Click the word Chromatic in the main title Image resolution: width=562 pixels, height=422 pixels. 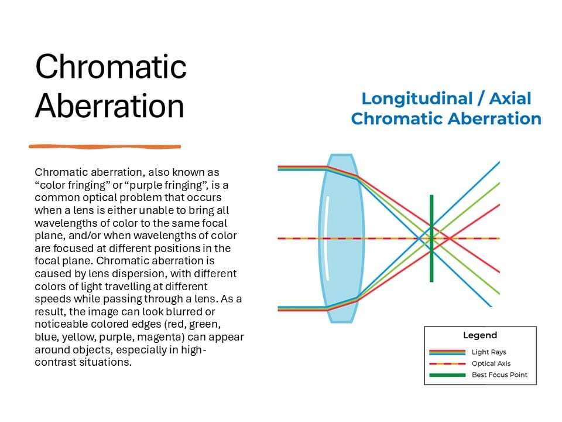[111, 66]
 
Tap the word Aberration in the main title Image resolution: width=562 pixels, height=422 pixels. [109, 105]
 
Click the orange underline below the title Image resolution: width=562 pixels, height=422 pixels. [105, 147]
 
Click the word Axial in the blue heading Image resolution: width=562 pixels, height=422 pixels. [510, 98]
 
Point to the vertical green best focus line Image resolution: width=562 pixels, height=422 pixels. [431, 239]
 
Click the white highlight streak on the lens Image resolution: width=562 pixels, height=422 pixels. [327, 238]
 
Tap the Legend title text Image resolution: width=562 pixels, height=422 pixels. [480, 335]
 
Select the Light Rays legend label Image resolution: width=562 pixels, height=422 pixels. [489, 352]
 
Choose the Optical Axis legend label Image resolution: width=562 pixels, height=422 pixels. [491, 363]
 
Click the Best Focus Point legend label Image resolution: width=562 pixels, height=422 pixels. [499, 375]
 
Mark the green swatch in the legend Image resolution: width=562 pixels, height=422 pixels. [447, 375]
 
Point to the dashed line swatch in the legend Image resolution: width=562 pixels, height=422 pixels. [447, 364]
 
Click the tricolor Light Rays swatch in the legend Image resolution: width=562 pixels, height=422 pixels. [447, 352]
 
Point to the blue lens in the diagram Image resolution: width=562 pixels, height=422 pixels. [341, 239]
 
